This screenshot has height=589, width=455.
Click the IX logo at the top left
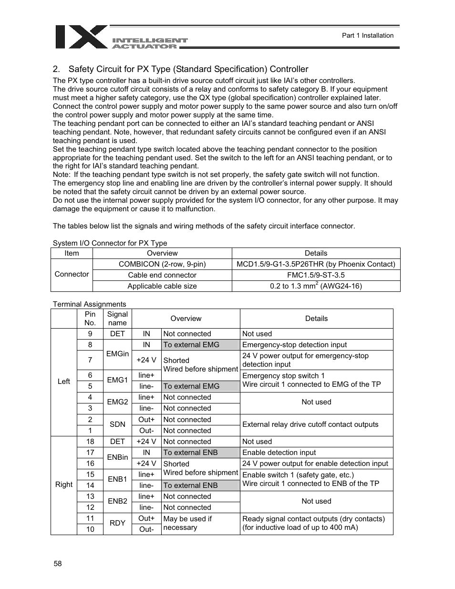pyautogui.click(x=82, y=37)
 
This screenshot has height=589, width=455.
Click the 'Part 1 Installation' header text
pyautogui.click(x=367, y=35)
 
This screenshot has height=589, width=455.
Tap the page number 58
pyautogui.click(x=58, y=563)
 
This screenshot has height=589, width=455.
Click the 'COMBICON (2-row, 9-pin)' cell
pyautogui.click(x=162, y=264)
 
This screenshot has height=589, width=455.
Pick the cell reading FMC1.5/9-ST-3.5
pyautogui.click(x=316, y=275)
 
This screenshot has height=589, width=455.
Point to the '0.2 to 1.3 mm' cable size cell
pyautogui.click(x=316, y=286)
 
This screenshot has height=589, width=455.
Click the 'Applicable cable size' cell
pyautogui.click(x=162, y=286)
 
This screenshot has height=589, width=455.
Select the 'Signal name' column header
pyautogui.click(x=117, y=319)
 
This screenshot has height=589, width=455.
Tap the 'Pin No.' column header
pyautogui.click(x=90, y=319)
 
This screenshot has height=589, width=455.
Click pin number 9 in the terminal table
pyautogui.click(x=90, y=334)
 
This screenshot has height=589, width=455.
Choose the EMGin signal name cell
pyautogui.click(x=117, y=354)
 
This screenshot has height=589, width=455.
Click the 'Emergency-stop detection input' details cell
pyautogui.click(x=294, y=345)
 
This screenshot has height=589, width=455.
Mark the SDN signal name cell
pyautogui.click(x=117, y=424)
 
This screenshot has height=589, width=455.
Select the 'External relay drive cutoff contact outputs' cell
pyautogui.click(x=310, y=424)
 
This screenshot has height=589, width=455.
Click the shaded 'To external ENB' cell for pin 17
pyautogui.click(x=200, y=453)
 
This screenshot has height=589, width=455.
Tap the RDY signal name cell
pyautogui.click(x=117, y=523)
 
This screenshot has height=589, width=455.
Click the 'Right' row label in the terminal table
pyautogui.click(x=64, y=485)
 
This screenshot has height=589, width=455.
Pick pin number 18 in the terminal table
pyautogui.click(x=90, y=442)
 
